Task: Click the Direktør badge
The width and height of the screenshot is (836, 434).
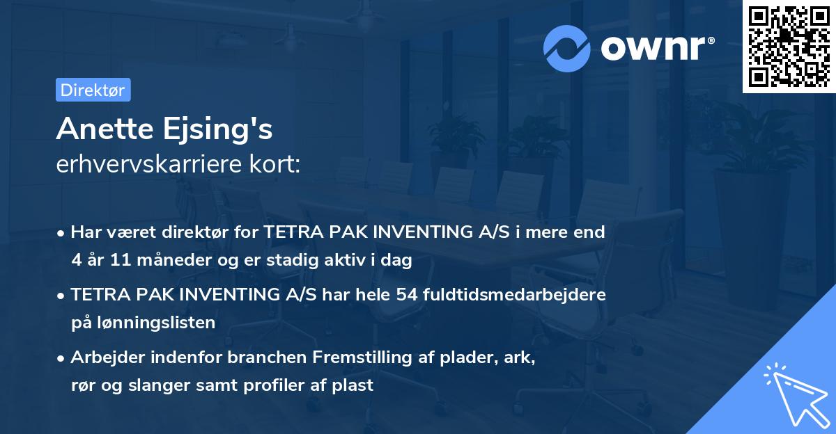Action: (93, 90)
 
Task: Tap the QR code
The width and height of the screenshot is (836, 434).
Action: (789, 46)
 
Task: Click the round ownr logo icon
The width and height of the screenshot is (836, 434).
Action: (567, 48)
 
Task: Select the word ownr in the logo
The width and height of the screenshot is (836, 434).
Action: (656, 48)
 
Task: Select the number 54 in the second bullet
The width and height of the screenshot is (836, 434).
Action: (406, 295)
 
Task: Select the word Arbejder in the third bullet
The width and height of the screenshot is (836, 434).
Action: (102, 357)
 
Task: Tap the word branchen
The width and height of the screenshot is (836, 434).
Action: (267, 357)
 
